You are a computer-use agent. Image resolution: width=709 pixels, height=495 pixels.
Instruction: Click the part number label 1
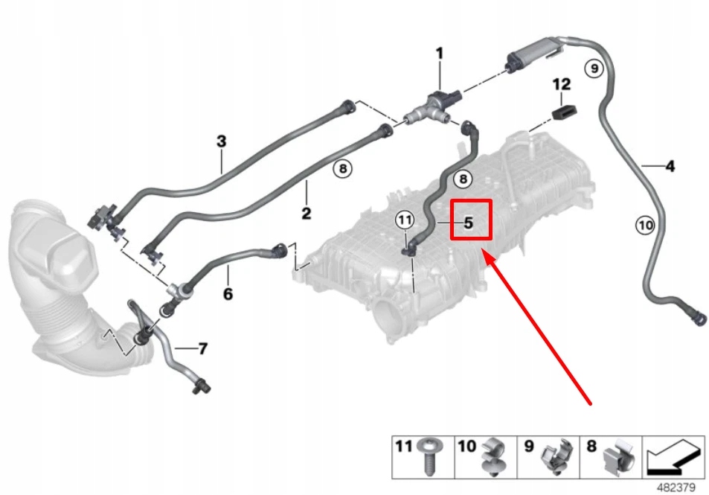tap(439, 54)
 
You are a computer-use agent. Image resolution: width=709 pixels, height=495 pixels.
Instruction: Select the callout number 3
tap(221, 141)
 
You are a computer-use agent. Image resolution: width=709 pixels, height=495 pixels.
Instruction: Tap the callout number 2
tap(306, 214)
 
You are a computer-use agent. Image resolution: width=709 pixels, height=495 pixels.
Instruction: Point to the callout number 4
tap(670, 167)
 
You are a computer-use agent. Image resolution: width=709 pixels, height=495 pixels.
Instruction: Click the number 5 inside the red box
tap(469, 222)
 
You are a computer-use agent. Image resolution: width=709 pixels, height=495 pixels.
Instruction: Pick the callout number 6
tap(228, 294)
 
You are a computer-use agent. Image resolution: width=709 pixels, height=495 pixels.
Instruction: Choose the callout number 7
tap(202, 348)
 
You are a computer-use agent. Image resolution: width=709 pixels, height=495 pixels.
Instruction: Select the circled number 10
tap(645, 223)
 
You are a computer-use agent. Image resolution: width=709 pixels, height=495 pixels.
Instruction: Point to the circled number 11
tap(404, 220)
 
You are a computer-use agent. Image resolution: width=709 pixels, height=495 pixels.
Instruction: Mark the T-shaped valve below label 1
tap(432, 108)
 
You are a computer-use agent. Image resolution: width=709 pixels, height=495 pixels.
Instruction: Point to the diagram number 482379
tap(676, 487)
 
